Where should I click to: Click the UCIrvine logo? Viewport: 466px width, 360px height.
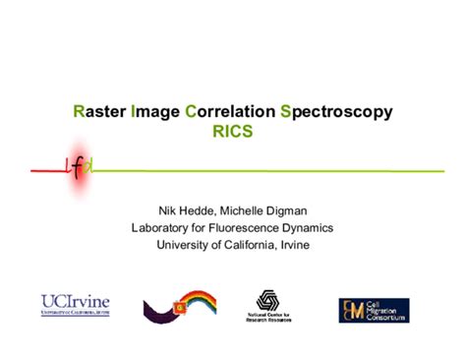tap(75, 305)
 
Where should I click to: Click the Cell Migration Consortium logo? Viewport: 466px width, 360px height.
tap(374, 310)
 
